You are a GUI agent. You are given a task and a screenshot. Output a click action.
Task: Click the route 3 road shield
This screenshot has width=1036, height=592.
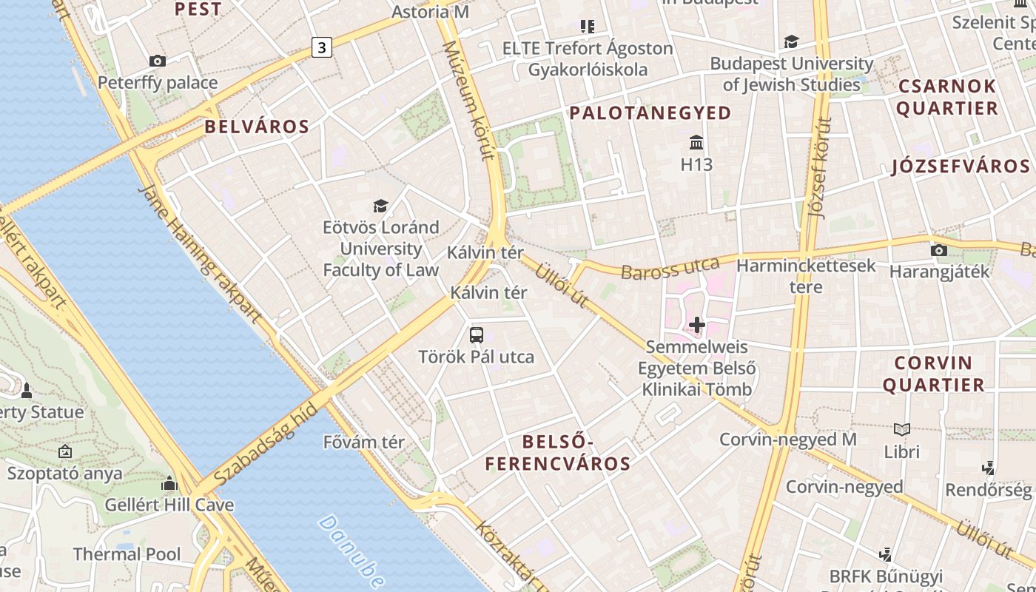click(321, 48)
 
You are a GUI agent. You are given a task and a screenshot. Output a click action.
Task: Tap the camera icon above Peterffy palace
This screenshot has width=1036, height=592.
click(157, 61)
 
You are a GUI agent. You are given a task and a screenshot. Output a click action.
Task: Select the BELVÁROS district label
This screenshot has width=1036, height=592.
click(257, 127)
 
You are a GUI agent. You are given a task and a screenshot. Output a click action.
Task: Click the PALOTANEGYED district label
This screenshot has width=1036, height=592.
click(650, 112)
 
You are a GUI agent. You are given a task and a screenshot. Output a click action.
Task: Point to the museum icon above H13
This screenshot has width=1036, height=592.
click(696, 142)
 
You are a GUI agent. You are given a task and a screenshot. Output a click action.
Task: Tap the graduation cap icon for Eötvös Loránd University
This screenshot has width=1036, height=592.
click(380, 206)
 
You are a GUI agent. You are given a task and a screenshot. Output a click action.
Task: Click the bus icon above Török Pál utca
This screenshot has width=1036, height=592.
click(477, 334)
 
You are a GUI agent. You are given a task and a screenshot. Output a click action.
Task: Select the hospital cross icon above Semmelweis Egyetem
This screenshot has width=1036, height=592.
click(696, 324)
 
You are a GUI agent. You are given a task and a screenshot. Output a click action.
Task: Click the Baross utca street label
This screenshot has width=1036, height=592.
click(670, 268)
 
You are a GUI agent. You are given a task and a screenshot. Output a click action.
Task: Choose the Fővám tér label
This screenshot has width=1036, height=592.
click(364, 443)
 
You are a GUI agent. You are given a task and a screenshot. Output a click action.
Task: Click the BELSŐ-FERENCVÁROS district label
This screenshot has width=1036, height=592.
click(558, 453)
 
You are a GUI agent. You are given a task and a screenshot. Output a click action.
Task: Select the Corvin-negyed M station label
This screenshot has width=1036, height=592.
click(788, 440)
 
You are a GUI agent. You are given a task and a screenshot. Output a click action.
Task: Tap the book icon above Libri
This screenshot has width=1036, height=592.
click(901, 429)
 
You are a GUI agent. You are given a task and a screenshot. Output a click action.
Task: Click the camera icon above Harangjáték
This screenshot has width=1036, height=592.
click(938, 250)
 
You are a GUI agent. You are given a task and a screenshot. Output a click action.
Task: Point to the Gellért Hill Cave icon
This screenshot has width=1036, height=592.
click(169, 484)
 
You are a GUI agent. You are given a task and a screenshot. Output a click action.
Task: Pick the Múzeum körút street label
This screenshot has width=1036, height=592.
click(467, 100)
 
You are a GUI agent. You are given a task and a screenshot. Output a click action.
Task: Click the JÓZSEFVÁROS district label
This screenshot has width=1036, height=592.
click(961, 166)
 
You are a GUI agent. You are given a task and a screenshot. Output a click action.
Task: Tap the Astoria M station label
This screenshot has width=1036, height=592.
click(430, 12)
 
